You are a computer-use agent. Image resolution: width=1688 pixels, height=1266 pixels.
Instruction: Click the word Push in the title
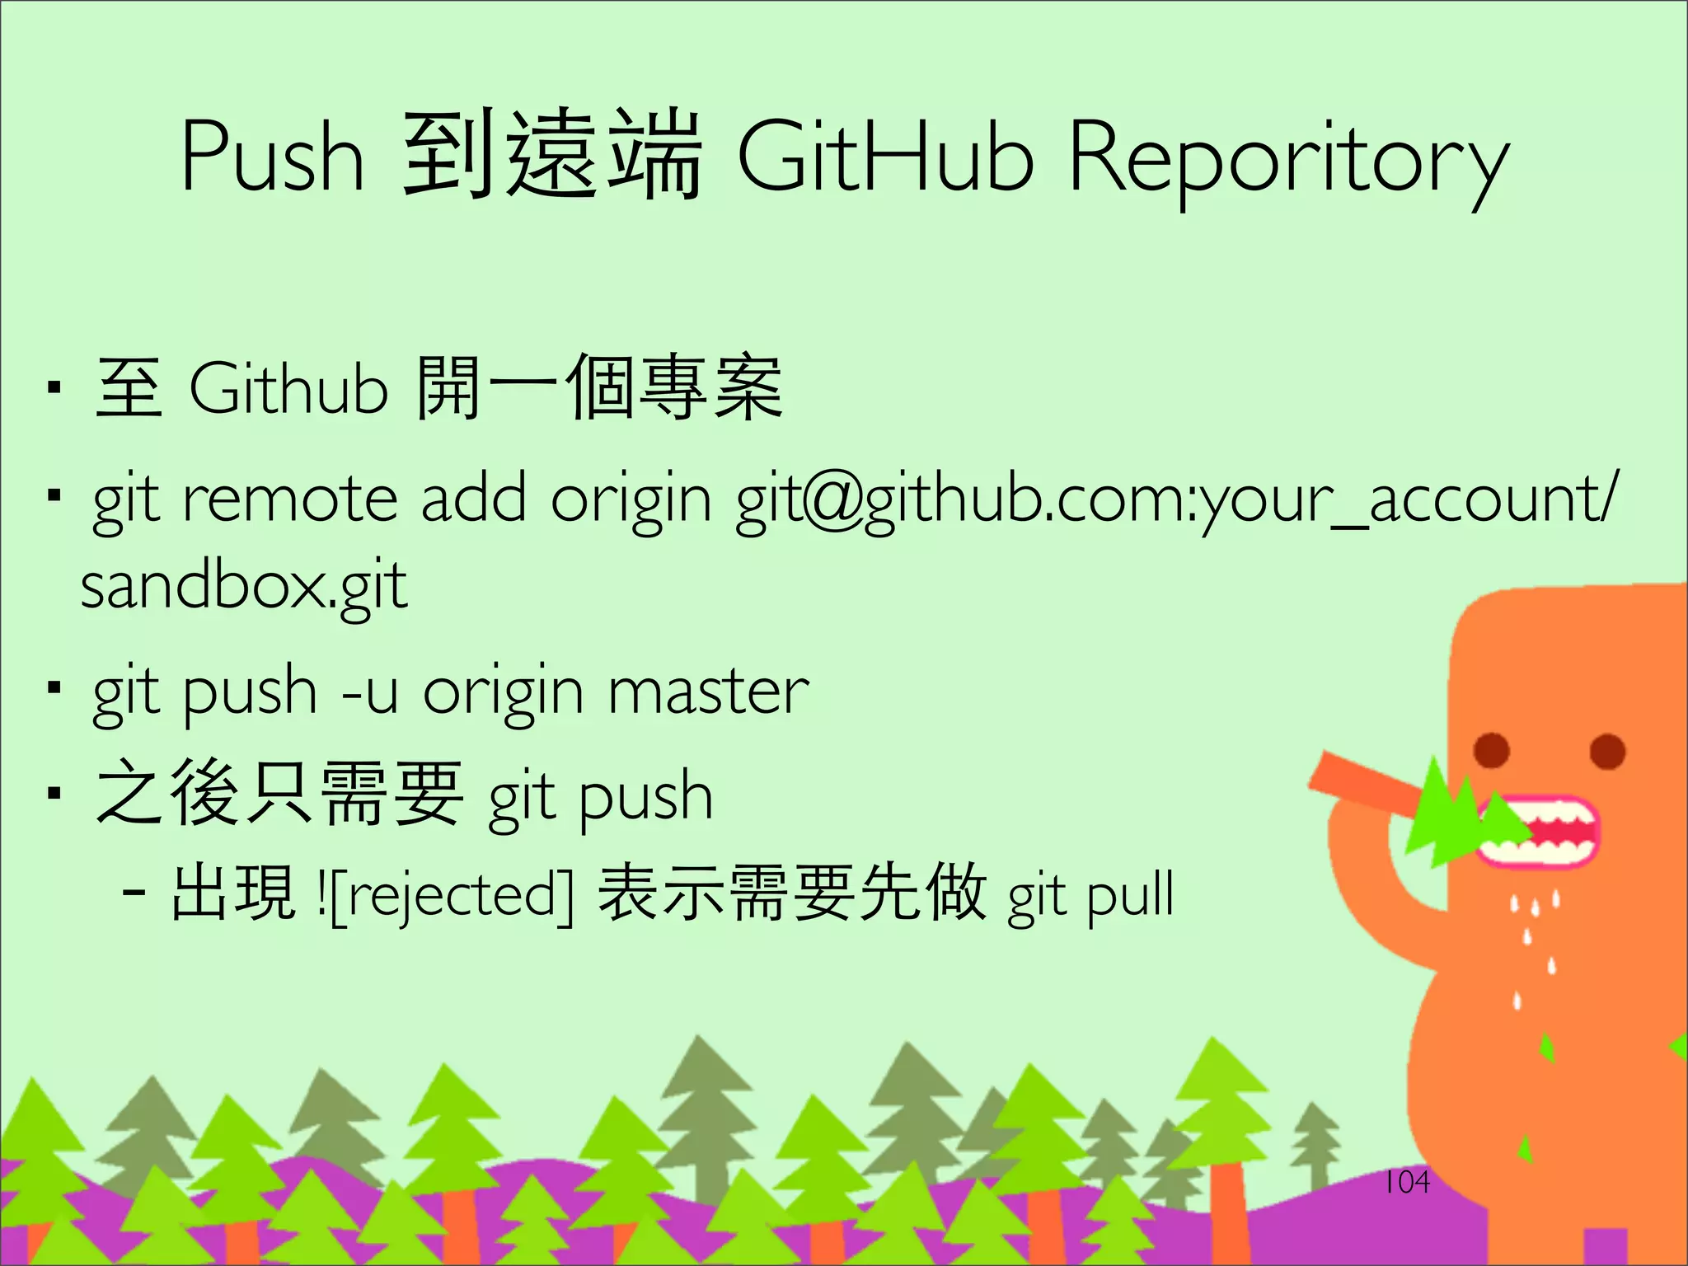point(272,157)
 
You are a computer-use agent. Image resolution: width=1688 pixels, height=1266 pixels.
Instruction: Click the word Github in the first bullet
point(288,388)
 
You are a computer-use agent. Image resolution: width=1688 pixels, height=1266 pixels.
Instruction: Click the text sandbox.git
point(244,587)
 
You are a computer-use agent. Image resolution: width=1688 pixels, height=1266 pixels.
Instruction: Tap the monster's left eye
point(1492,750)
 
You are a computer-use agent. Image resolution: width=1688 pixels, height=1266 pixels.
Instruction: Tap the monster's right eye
point(1607,751)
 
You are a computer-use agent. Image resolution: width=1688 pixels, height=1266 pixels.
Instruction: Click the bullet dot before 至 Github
point(54,388)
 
